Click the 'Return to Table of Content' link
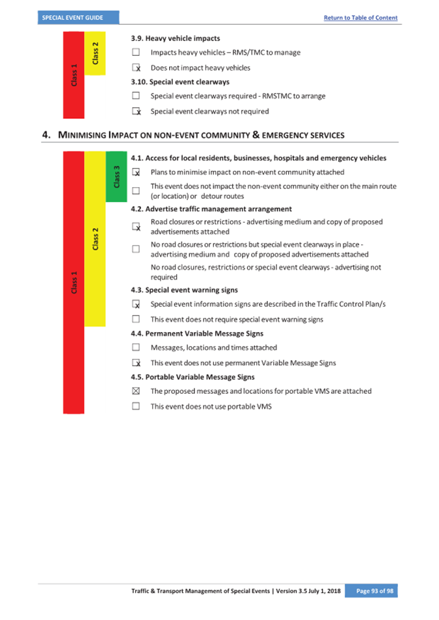tap(360, 18)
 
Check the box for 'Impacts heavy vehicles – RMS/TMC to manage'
tap(136, 52)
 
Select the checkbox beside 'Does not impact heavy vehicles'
tap(136, 68)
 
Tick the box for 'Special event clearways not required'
tap(136, 111)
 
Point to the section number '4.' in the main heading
tap(46, 135)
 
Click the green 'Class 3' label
tap(116, 176)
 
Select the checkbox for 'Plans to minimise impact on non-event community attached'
tap(136, 172)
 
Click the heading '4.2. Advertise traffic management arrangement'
tap(211, 209)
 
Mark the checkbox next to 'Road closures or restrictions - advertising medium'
tap(136, 227)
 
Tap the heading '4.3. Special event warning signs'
tap(184, 290)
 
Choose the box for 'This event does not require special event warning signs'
tap(136, 319)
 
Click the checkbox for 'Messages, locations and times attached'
tap(136, 348)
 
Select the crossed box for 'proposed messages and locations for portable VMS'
tap(136, 391)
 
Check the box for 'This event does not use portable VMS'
tap(136, 406)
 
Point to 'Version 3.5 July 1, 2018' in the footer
tap(308, 590)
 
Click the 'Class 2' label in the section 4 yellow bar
tap(95, 239)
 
